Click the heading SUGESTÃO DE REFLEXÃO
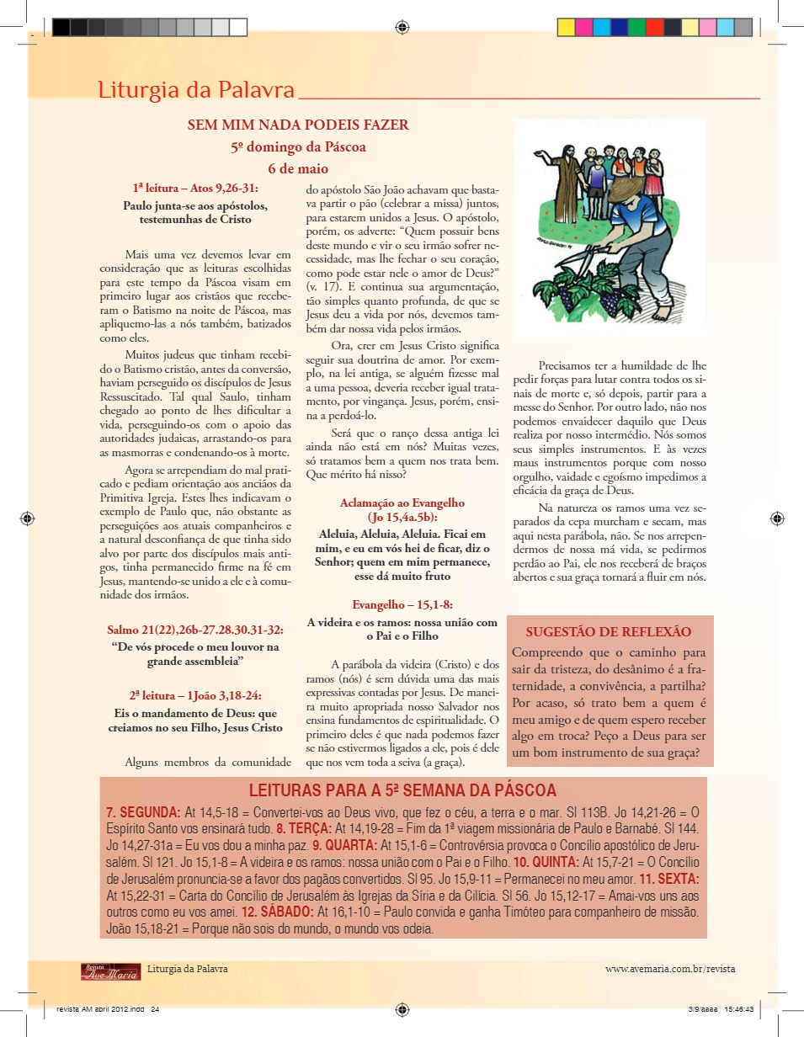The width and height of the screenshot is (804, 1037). (x=609, y=632)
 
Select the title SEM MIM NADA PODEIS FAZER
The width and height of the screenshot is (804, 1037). (x=298, y=125)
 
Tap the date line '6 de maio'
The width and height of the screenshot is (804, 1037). (x=298, y=168)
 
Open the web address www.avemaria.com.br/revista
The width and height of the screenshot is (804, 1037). (x=670, y=969)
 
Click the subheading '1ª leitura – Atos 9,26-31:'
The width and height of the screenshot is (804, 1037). (x=195, y=188)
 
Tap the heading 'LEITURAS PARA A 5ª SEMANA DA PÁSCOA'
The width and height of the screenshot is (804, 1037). (x=402, y=791)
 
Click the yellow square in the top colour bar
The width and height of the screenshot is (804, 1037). (x=690, y=28)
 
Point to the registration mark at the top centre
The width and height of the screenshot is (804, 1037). (x=402, y=28)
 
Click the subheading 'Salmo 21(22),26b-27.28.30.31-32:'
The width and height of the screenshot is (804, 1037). (x=195, y=630)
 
